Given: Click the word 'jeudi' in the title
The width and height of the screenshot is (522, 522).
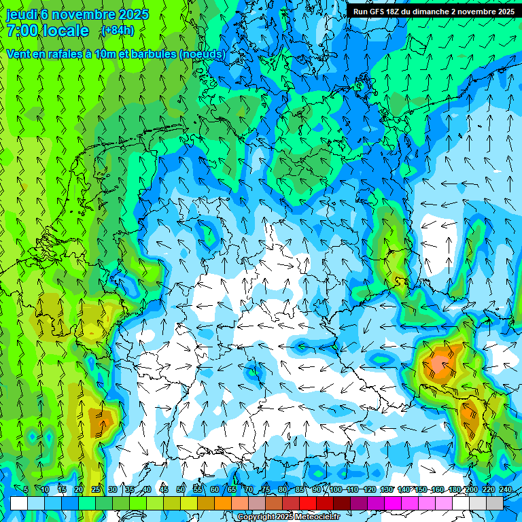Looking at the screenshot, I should point(21,14).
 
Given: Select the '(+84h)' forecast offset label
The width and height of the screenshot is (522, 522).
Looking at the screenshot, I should point(117,31).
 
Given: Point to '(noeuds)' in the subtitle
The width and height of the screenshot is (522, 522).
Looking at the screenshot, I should point(202,54).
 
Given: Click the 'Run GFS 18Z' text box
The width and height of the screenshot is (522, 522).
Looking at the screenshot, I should point(433,12).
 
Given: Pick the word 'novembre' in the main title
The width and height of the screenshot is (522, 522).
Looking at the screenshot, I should point(82,14).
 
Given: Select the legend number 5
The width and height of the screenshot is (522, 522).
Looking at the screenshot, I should point(26,490).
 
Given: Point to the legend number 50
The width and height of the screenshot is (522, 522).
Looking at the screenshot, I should point(181,490).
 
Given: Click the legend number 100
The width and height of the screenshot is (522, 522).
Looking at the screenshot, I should point(335,490).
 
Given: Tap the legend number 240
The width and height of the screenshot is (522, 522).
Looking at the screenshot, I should point(505,490).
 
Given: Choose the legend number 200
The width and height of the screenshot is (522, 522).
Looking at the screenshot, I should point(471,490).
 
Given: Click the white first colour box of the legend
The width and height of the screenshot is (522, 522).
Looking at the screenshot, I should point(18,503).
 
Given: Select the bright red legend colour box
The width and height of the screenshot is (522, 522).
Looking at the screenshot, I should point(308,503).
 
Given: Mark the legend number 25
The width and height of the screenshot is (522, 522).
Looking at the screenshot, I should point(96,490).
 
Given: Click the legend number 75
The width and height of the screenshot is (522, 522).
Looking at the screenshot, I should point(266,490).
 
